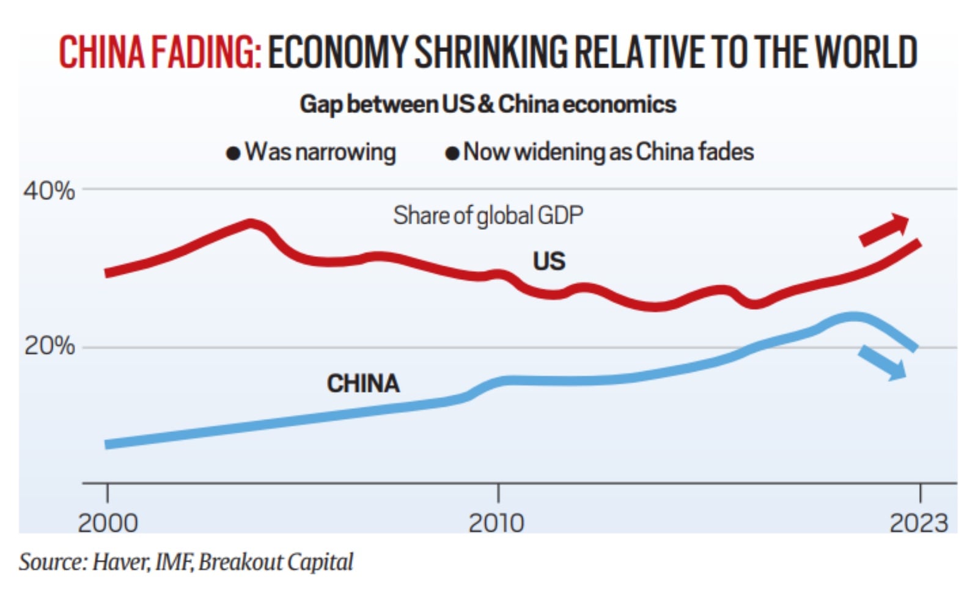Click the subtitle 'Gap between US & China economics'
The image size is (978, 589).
[488, 104]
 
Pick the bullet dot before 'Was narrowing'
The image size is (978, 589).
[233, 153]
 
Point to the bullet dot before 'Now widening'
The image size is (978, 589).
[452, 153]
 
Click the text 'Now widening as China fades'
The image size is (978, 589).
[608, 152]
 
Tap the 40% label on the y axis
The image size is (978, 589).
[49, 191]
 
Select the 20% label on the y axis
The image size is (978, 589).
[49, 346]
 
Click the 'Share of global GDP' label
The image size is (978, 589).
[488, 215]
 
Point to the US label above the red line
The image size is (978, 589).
[549, 262]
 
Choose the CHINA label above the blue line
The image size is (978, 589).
[363, 384]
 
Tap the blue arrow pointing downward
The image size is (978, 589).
[883, 363]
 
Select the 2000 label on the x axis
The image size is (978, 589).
[108, 523]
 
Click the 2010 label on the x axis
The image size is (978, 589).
[497, 523]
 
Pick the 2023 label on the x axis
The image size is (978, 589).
[919, 523]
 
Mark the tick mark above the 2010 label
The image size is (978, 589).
[498, 492]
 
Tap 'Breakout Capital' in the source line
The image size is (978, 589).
[276, 562]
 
